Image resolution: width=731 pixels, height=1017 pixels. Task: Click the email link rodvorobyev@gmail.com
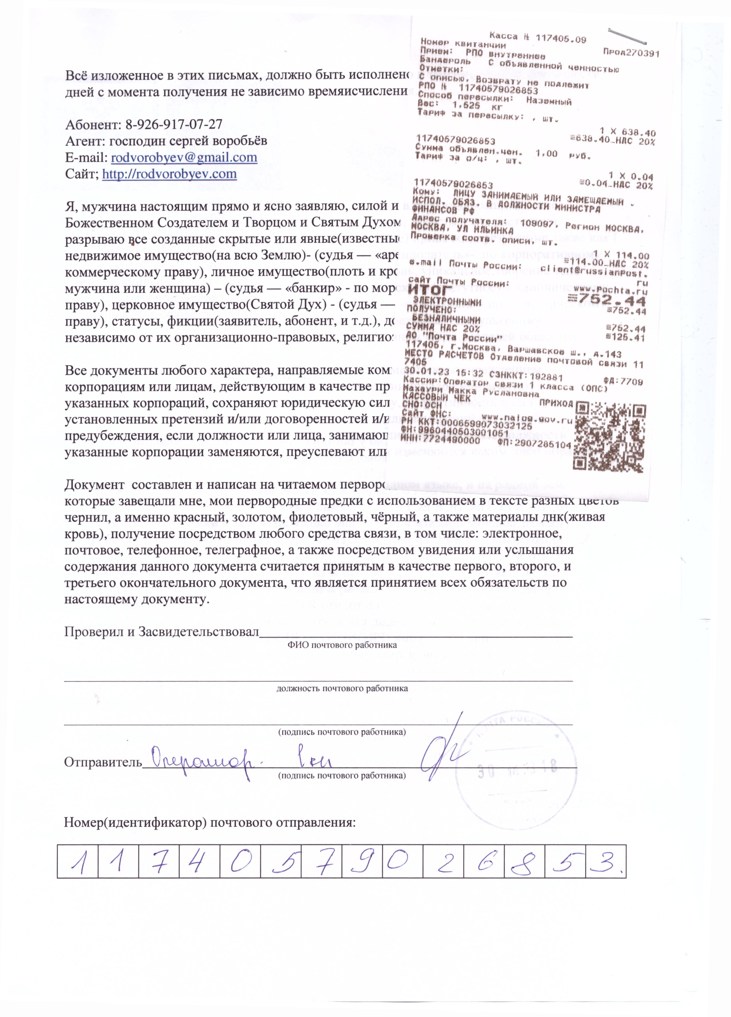point(184,158)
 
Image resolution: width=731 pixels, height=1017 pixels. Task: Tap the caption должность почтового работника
point(342,688)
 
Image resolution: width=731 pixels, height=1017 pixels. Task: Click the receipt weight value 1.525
point(466,106)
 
